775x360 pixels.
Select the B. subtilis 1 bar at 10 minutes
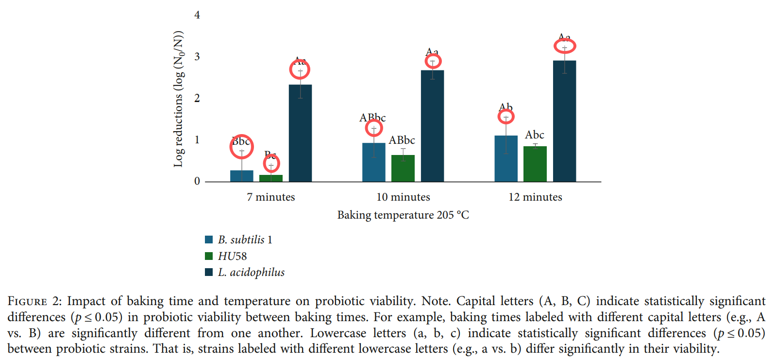click(x=373, y=162)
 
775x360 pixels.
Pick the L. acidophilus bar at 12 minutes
click(x=564, y=121)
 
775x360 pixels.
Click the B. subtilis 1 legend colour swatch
click(x=209, y=240)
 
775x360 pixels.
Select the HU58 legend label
click(x=232, y=256)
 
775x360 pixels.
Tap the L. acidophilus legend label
click(x=251, y=273)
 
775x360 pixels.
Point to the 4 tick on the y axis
click(x=197, y=15)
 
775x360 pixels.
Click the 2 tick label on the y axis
click(x=197, y=98)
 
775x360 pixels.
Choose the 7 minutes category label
click(x=270, y=197)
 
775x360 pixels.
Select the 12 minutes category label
click(x=535, y=197)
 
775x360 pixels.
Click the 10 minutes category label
click(x=403, y=197)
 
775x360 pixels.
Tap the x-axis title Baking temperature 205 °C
click(x=403, y=215)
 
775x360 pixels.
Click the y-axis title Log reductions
click(x=179, y=99)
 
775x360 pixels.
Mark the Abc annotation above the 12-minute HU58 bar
click(x=534, y=135)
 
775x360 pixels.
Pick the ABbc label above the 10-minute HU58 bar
click(x=402, y=140)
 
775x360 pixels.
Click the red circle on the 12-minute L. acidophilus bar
click(x=565, y=46)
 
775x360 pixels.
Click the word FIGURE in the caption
click(x=27, y=302)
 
